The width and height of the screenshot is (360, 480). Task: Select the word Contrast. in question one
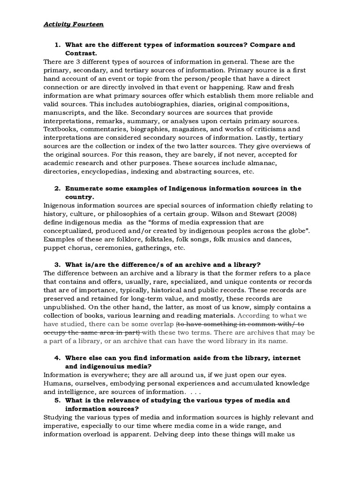pos(82,53)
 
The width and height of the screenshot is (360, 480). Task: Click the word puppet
pos(55,247)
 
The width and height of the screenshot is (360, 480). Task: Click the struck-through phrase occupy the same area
pos(86,332)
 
